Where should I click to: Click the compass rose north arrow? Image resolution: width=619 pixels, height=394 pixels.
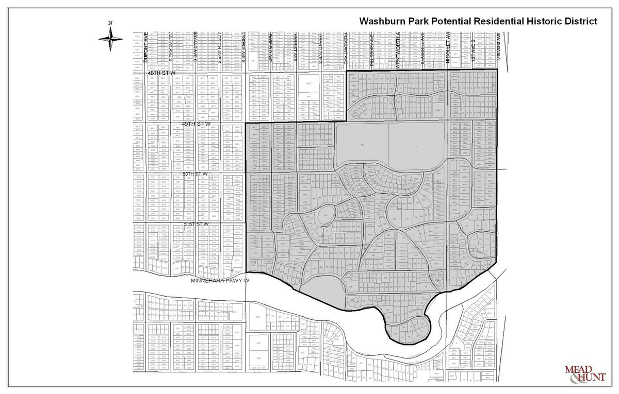click(110, 39)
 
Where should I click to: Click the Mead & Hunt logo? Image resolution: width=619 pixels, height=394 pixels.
click(585, 373)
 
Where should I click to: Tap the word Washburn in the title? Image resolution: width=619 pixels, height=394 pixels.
click(384, 21)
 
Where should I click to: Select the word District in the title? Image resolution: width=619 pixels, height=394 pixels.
click(579, 21)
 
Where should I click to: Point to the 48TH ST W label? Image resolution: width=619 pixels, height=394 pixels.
click(161, 74)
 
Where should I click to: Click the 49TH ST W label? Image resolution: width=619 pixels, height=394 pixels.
click(197, 124)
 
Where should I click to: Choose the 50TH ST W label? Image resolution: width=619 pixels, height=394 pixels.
click(195, 174)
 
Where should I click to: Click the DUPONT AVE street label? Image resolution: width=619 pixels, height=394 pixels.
click(146, 48)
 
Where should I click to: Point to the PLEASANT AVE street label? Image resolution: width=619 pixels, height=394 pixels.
click(346, 47)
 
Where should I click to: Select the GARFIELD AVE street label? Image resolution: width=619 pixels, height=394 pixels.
click(270, 48)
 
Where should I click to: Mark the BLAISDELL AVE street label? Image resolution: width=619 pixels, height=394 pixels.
click(422, 47)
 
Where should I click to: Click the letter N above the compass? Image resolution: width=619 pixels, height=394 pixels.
click(110, 23)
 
